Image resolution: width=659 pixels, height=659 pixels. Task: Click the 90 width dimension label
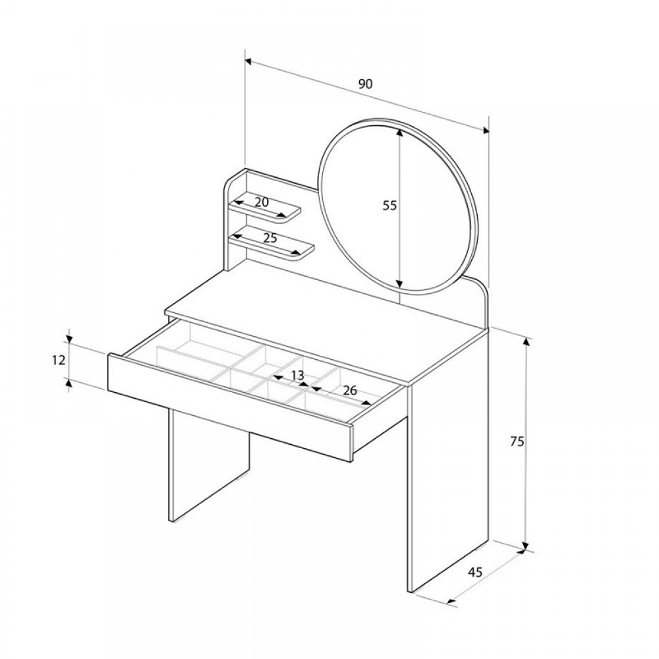pyautogui.click(x=365, y=84)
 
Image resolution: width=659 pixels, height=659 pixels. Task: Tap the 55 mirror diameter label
pyautogui.click(x=389, y=206)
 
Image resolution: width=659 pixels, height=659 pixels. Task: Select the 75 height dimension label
pyautogui.click(x=517, y=442)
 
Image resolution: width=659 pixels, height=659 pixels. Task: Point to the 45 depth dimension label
pyautogui.click(x=475, y=572)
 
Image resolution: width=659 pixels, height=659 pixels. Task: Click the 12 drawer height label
pyautogui.click(x=59, y=360)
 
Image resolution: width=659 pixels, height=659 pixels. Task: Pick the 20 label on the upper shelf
pyautogui.click(x=262, y=202)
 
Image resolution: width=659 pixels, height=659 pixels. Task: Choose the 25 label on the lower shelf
pyautogui.click(x=270, y=238)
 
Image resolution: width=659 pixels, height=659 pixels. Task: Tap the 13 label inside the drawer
pyautogui.click(x=297, y=376)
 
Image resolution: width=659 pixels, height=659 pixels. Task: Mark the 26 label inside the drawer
pyautogui.click(x=350, y=391)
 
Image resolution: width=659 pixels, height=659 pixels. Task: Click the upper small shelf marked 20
pyautogui.click(x=265, y=208)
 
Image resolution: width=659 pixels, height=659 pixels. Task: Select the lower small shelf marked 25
pyautogui.click(x=272, y=243)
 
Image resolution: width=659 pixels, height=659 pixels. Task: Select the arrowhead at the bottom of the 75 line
pyautogui.click(x=525, y=546)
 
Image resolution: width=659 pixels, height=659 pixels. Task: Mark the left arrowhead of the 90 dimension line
pyautogui.click(x=248, y=62)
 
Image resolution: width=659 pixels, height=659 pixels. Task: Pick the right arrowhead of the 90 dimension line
pyautogui.click(x=486, y=130)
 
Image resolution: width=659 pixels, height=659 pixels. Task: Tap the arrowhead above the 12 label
pyautogui.click(x=69, y=339)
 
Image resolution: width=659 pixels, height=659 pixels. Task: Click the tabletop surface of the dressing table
pyautogui.click(x=328, y=327)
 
